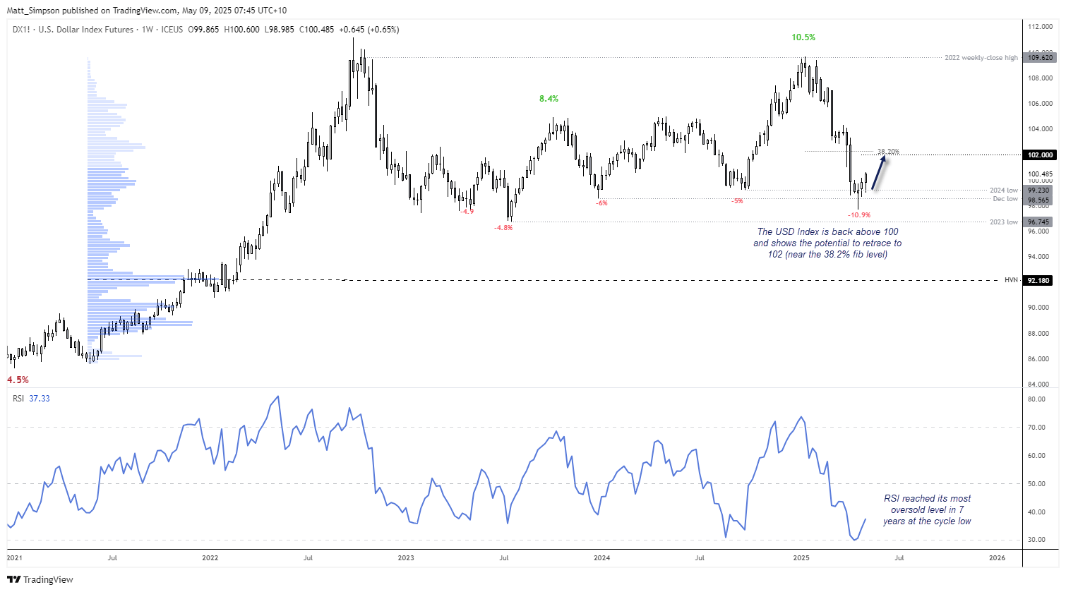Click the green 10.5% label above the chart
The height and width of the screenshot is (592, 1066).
coord(803,37)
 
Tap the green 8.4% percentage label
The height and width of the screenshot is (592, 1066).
coord(549,99)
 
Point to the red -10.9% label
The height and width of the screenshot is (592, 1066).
coord(859,215)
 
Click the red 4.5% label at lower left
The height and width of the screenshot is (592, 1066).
coord(18,380)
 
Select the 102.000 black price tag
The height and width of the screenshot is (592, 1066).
coord(1040,155)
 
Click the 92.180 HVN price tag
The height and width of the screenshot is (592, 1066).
coord(1039,280)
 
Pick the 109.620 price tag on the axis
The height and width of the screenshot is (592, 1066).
coord(1040,58)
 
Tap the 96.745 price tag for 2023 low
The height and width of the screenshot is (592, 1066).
coord(1039,222)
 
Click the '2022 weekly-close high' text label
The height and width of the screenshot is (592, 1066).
coord(981,58)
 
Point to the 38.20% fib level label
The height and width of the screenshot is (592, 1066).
coord(888,152)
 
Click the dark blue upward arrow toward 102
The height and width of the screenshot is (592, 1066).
coord(879,173)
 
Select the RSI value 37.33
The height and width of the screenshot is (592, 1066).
coord(40,399)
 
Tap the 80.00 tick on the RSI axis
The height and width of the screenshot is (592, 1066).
coord(1036,399)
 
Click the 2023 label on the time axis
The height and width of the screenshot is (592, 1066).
coord(406,558)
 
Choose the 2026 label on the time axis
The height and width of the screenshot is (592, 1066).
coord(997,558)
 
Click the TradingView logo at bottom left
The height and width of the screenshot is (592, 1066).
coord(40,580)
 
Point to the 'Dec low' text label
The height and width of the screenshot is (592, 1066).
coord(1005,200)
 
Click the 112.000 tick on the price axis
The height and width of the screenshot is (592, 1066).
coord(1041,27)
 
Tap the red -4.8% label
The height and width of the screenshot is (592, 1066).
coord(503,228)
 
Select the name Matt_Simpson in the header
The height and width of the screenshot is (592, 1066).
coord(33,11)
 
